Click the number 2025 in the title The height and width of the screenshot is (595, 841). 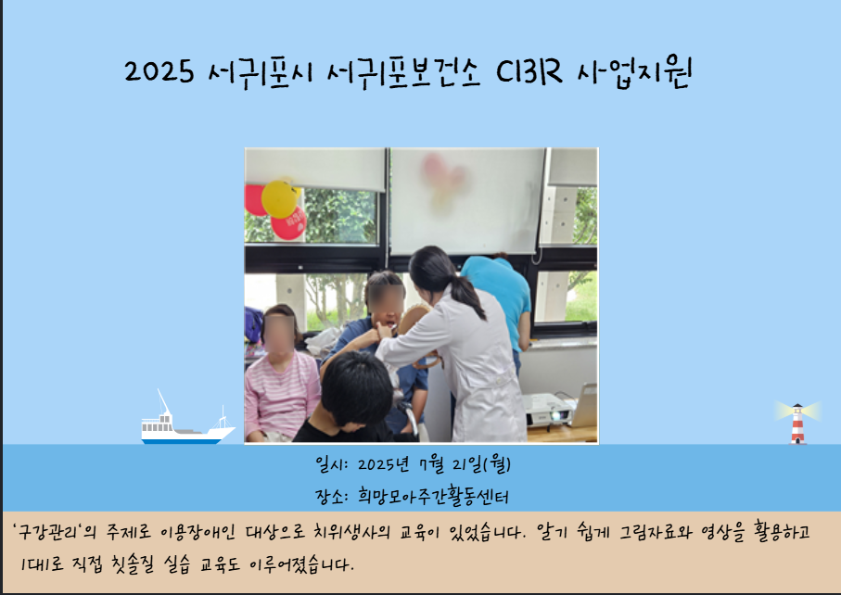(159, 71)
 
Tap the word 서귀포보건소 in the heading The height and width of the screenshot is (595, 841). (402, 72)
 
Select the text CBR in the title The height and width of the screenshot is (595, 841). (529, 70)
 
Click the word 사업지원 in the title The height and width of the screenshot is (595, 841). (634, 72)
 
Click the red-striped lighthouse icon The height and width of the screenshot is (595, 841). (797, 423)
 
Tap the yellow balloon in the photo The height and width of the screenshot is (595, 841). (280, 199)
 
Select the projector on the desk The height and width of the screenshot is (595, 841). (549, 410)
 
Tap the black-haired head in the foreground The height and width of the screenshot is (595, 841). (357, 388)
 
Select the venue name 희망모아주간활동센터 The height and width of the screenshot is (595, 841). (432, 497)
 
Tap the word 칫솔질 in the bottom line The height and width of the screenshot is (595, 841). (133, 564)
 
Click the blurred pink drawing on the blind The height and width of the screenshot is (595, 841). (443, 180)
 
